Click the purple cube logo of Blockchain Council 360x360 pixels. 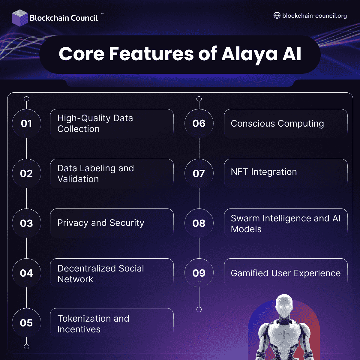pos(20,18)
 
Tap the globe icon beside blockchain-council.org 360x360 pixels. pos(277,16)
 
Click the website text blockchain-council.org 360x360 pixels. pos(314,16)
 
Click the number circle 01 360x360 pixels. pos(26,123)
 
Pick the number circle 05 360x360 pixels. pos(26,323)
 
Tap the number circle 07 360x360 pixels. pos(199,173)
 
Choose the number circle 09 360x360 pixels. pos(199,273)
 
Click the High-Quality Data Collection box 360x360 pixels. pos(112,123)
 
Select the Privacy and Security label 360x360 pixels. pos(101,223)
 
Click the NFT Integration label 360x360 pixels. pos(264,172)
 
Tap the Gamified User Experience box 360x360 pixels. pos(286,273)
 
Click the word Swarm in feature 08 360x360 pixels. pos(245,218)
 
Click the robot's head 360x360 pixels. pos(284,306)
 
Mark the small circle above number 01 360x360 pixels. pos(26,99)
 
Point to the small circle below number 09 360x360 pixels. pos(199,309)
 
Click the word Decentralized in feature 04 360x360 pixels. pos(87,268)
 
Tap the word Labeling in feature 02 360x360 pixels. pos(97,168)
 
